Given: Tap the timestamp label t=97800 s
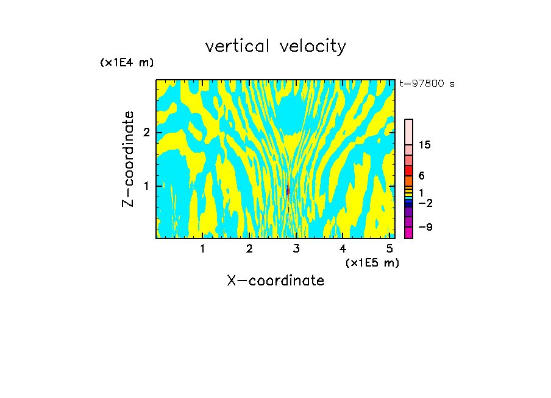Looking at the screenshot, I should (x=427, y=84).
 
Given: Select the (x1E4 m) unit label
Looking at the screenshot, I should (x=127, y=63).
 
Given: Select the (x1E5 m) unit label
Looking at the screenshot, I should (x=372, y=262).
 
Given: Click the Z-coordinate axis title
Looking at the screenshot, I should (x=128, y=159).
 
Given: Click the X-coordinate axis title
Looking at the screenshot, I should (x=275, y=281).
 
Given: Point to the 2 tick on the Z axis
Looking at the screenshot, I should (x=146, y=133).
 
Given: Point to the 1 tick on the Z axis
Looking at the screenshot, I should (x=146, y=186).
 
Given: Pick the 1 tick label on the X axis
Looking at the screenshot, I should (x=202, y=249).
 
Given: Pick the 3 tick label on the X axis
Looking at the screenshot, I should (x=296, y=249).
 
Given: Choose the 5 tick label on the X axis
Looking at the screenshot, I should (x=390, y=249).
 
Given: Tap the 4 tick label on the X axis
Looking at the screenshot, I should (x=343, y=249).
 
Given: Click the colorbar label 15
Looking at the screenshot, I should (x=425, y=145).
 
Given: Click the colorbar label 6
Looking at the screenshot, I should (x=421, y=175).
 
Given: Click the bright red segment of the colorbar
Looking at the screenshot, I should (x=408, y=170).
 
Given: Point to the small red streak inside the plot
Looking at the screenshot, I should (x=287, y=191).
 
